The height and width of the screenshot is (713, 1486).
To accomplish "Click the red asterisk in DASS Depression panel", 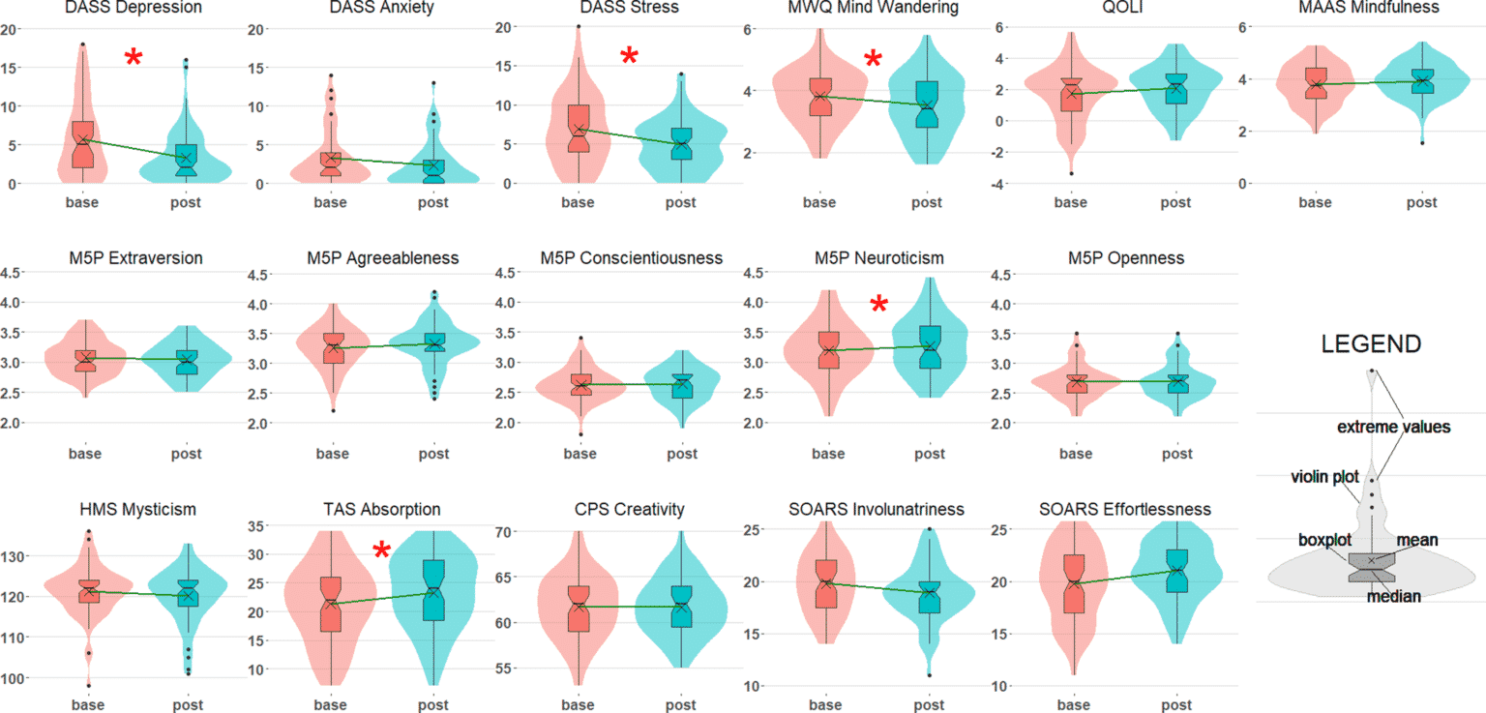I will click(x=134, y=58).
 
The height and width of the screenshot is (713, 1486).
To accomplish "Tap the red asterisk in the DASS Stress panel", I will click(x=629, y=55).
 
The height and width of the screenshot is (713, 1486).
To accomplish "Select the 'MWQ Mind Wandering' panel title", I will click(x=874, y=8).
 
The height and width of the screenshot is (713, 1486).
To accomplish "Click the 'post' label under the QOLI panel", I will click(x=1176, y=202).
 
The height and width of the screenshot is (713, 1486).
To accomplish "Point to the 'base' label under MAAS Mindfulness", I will click(x=1315, y=202).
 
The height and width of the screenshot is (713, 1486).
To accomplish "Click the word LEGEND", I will click(x=1371, y=343).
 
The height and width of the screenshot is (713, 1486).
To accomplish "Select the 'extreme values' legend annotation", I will click(x=1393, y=427).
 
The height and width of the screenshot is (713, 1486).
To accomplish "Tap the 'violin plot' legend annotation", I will click(x=1324, y=477).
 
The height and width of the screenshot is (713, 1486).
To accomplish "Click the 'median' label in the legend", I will click(x=1393, y=596).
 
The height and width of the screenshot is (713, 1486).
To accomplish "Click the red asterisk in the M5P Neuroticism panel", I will click(x=878, y=306).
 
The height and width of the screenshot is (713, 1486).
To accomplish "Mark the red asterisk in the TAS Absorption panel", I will click(x=381, y=551).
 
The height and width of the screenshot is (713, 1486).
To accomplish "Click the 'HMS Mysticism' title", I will click(x=139, y=509).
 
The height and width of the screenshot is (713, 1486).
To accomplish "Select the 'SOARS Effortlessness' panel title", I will click(x=1124, y=509).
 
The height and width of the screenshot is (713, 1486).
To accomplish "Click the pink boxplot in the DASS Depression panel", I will click(x=83, y=145).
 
